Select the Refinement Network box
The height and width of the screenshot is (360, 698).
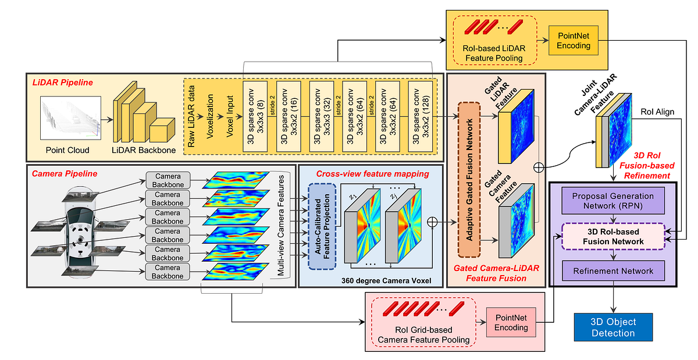pos(613,270)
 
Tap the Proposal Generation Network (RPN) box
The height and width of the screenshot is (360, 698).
pos(613,202)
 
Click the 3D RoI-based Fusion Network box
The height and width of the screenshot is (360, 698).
pos(613,236)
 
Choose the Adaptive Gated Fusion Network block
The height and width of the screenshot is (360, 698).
pos(468,179)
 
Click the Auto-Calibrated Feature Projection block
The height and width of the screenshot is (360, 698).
pos(322,226)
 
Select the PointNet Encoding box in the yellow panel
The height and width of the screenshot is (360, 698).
pos(573,41)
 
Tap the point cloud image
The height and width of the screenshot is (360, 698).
pos(68,120)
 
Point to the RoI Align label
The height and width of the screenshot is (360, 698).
pos(657,112)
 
